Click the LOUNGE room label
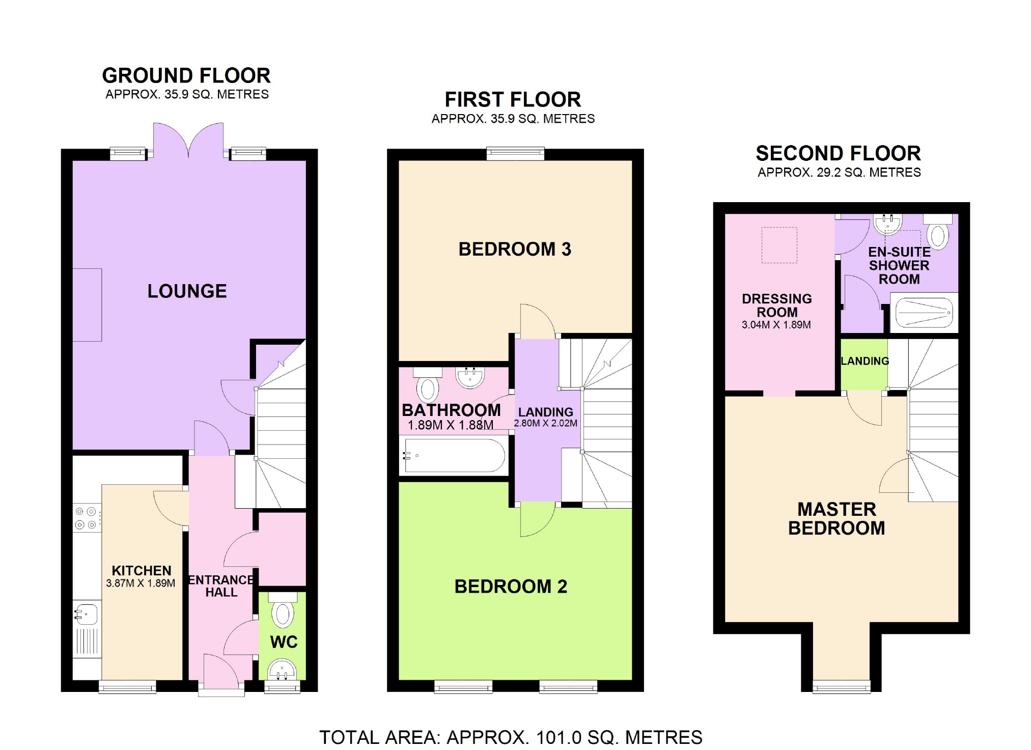[187, 291]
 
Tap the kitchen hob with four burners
[87, 518]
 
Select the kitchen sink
[86, 614]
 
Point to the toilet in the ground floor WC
[283, 609]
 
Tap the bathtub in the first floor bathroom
[454, 455]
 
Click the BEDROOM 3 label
[515, 249]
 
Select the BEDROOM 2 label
[511, 587]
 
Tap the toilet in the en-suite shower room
[938, 232]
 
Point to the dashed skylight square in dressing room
[779, 245]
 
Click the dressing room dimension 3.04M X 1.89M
[776, 325]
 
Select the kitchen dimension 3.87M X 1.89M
[141, 584]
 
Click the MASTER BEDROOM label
[837, 519]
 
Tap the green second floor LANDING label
[865, 361]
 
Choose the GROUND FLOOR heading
[186, 75]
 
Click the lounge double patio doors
[188, 141]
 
